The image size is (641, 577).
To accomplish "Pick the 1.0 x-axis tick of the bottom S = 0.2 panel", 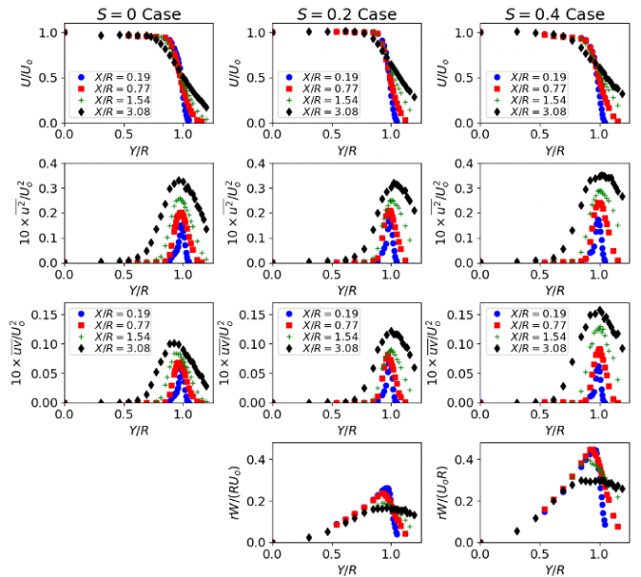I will pyautogui.click(x=391, y=555).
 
